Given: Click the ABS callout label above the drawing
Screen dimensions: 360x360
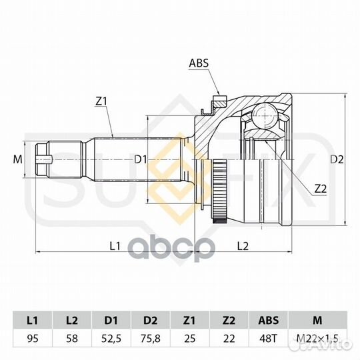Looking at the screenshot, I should (x=199, y=65).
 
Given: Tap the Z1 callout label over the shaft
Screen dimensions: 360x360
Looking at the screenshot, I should (x=101, y=101).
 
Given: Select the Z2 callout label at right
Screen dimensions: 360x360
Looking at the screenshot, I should (x=320, y=188).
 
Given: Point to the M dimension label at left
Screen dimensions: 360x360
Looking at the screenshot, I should (x=17, y=159).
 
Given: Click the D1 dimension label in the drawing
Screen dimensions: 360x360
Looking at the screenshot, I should (x=140, y=159).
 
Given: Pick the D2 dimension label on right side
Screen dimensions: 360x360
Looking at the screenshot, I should (x=337, y=159).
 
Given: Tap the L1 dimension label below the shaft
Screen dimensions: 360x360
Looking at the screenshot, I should (x=115, y=245).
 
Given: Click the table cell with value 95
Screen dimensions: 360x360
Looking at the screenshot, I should (x=31, y=339).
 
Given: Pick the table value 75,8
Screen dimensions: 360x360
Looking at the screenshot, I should (x=151, y=339).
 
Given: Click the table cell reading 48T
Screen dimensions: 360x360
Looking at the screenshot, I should (x=267, y=339).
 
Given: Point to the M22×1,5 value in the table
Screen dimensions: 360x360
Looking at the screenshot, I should (x=315, y=339).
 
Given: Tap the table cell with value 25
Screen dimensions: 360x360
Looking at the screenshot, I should (x=190, y=339).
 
